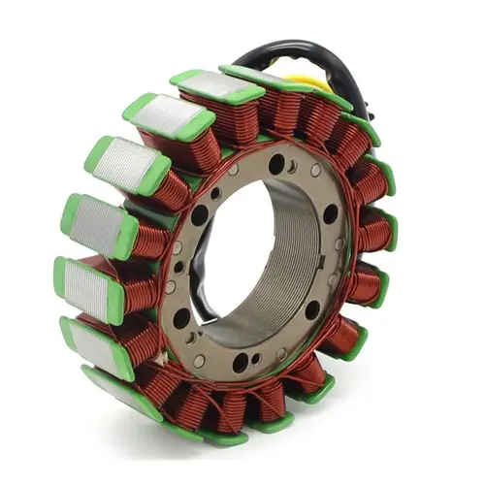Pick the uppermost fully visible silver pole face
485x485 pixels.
point(218,87)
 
